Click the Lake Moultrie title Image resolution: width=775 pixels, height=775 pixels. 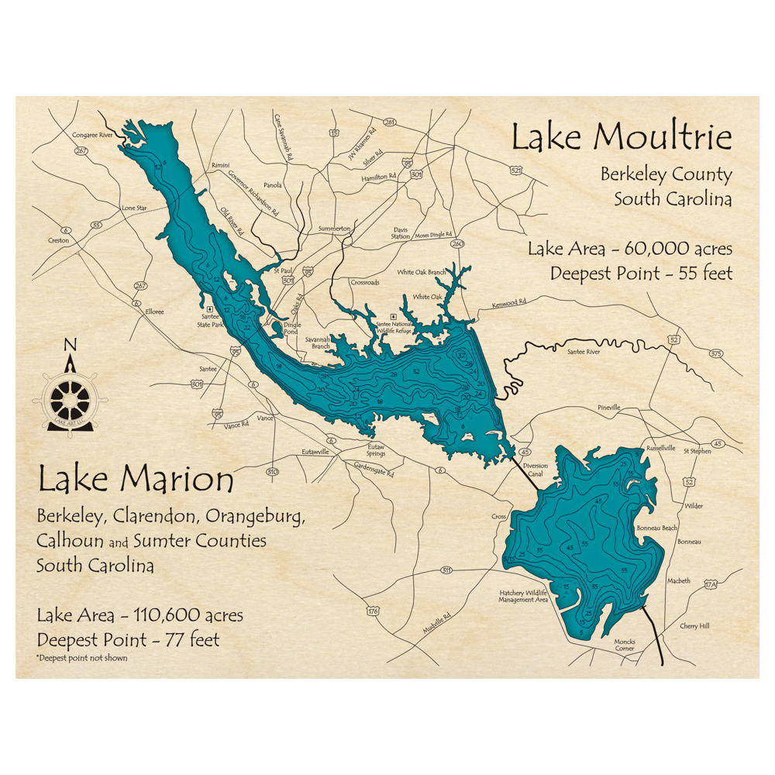point(621,138)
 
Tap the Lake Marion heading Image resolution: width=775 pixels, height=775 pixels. point(135,480)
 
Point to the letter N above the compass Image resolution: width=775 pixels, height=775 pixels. point(70,346)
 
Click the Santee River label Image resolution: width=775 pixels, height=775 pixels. point(584,352)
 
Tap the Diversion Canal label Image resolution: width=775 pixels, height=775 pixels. point(535,470)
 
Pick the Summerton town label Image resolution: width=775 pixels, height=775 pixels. point(335,229)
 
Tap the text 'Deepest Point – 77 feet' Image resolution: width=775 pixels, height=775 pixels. point(128,639)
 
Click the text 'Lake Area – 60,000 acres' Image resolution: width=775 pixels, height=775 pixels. point(629,250)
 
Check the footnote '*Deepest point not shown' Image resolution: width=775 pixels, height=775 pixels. point(81,658)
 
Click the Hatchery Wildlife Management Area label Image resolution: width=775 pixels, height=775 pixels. point(524,596)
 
